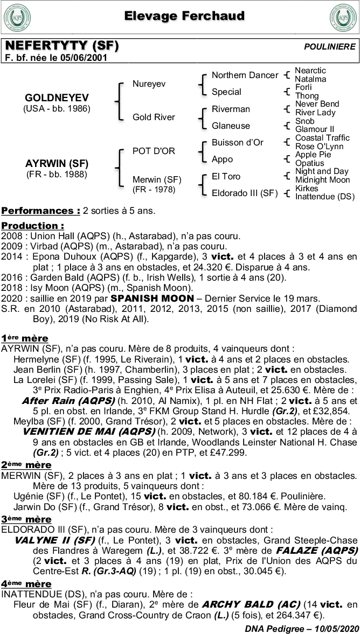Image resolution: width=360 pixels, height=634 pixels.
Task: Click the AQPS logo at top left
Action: coord(17,18)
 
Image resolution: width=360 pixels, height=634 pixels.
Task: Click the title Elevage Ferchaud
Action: coord(184,16)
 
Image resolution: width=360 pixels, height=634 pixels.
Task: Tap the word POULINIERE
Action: coord(329,47)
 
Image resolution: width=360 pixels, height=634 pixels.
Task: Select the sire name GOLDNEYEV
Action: coord(57,98)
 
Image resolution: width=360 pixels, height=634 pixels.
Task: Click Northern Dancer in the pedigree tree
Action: coord(245,75)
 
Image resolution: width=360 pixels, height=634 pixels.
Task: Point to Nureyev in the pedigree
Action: coord(149,84)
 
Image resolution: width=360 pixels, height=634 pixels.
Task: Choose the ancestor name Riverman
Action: coord(231,109)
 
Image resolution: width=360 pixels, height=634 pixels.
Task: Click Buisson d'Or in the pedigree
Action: coord(237,143)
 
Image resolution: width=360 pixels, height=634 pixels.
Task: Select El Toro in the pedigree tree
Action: coord(226,177)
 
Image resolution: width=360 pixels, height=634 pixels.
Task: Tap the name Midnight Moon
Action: coord(322,180)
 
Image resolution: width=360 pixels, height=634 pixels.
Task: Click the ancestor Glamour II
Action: coord(315,129)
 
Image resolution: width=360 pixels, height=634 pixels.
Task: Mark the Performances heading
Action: coord(40,210)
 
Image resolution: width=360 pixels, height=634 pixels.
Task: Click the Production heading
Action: coord(32,226)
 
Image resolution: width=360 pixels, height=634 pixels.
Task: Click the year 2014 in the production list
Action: coord(11,257)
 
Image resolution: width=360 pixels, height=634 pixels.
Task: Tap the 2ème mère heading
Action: coord(26,465)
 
